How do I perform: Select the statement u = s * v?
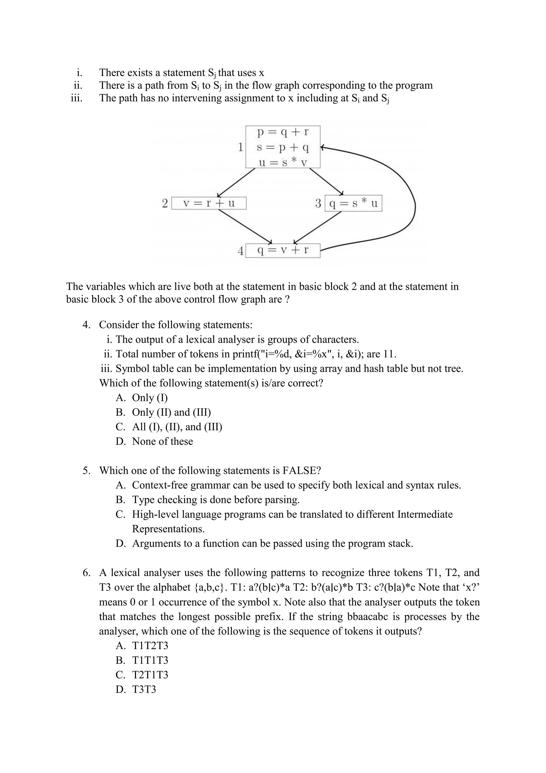pos(283,163)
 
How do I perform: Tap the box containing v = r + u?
pos(209,203)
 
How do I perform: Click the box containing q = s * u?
pos(353,203)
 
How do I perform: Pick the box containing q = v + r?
pos(283,250)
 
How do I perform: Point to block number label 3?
pos(318,203)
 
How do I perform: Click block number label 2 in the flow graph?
pos(165,203)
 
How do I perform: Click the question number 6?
pos(86,573)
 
